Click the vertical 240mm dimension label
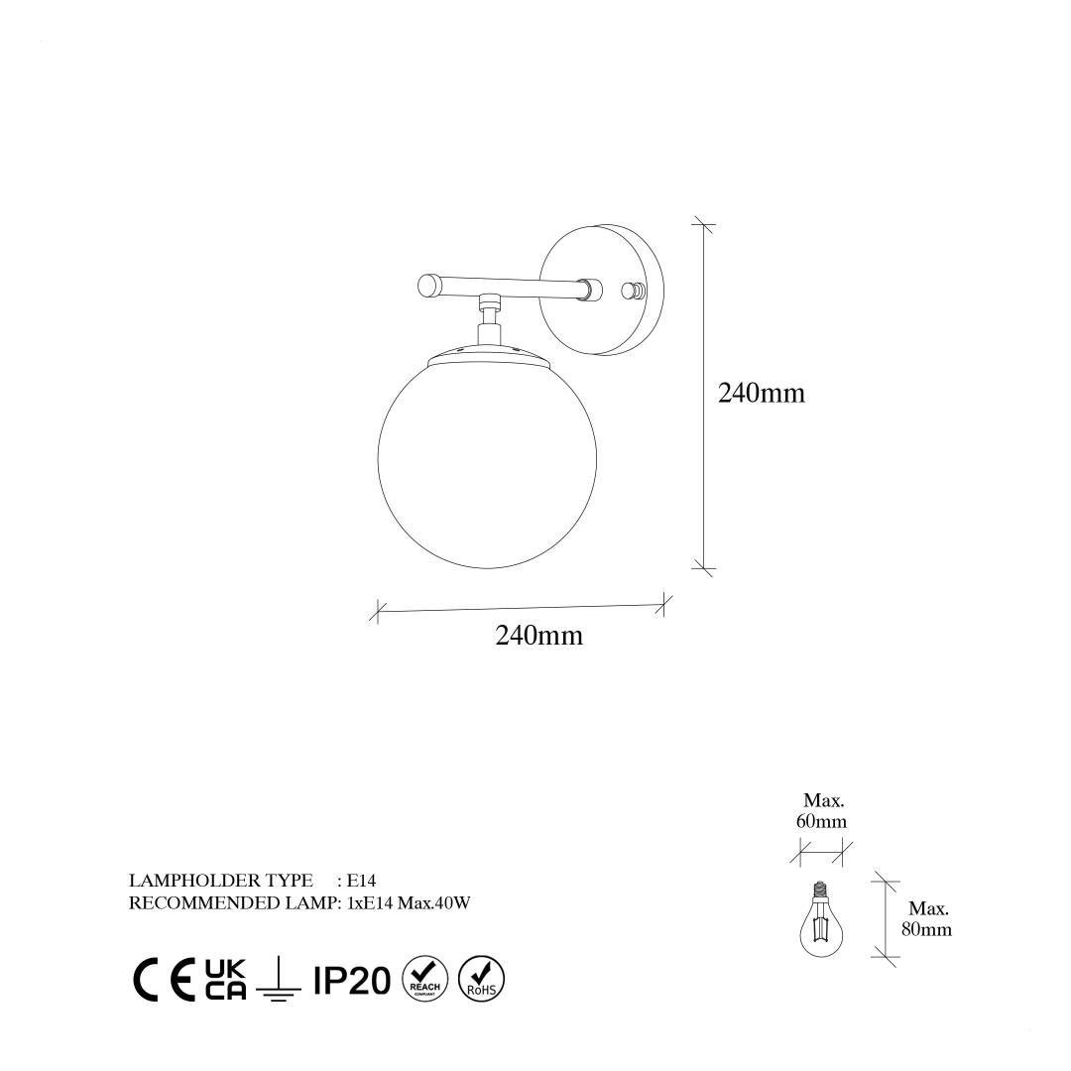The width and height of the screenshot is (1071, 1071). tap(761, 393)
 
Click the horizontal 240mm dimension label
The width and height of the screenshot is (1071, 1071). tap(538, 636)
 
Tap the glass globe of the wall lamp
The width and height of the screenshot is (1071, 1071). tap(487, 461)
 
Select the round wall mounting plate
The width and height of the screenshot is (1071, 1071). tap(602, 290)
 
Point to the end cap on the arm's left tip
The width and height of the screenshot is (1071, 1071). tap(429, 285)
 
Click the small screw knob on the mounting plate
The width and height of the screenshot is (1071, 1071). tap(633, 292)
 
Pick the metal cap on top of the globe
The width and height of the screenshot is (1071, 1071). tap(488, 354)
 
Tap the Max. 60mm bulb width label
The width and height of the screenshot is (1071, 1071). tap(822, 810)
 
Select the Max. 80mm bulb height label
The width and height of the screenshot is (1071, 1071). tap(927, 918)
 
